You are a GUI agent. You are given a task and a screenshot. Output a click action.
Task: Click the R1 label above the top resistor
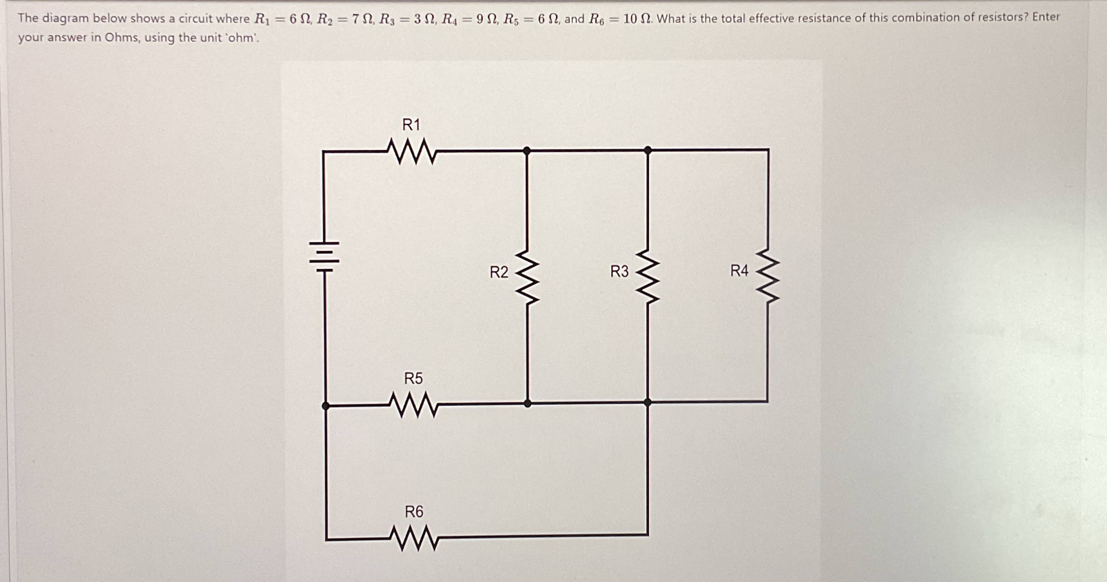411,124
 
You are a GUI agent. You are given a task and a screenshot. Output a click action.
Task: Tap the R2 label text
499,272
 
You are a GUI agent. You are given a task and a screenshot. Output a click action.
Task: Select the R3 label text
619,271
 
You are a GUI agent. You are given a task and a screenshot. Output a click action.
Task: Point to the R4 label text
739,270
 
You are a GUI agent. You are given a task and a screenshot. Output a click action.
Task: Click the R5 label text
413,378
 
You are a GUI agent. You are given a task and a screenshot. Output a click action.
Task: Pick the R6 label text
414,511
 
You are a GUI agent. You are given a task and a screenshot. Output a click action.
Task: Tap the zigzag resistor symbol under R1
412,152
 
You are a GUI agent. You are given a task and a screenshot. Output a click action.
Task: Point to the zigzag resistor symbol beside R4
768,276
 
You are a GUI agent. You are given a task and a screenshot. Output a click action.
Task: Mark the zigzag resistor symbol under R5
414,405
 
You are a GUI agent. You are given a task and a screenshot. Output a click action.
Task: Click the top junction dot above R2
527,150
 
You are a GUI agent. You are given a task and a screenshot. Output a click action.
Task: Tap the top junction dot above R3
647,150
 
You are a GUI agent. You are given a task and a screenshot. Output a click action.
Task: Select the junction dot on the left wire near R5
326,406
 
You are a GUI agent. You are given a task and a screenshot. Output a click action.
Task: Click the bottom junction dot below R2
528,404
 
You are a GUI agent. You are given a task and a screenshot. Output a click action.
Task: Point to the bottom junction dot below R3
647,402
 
